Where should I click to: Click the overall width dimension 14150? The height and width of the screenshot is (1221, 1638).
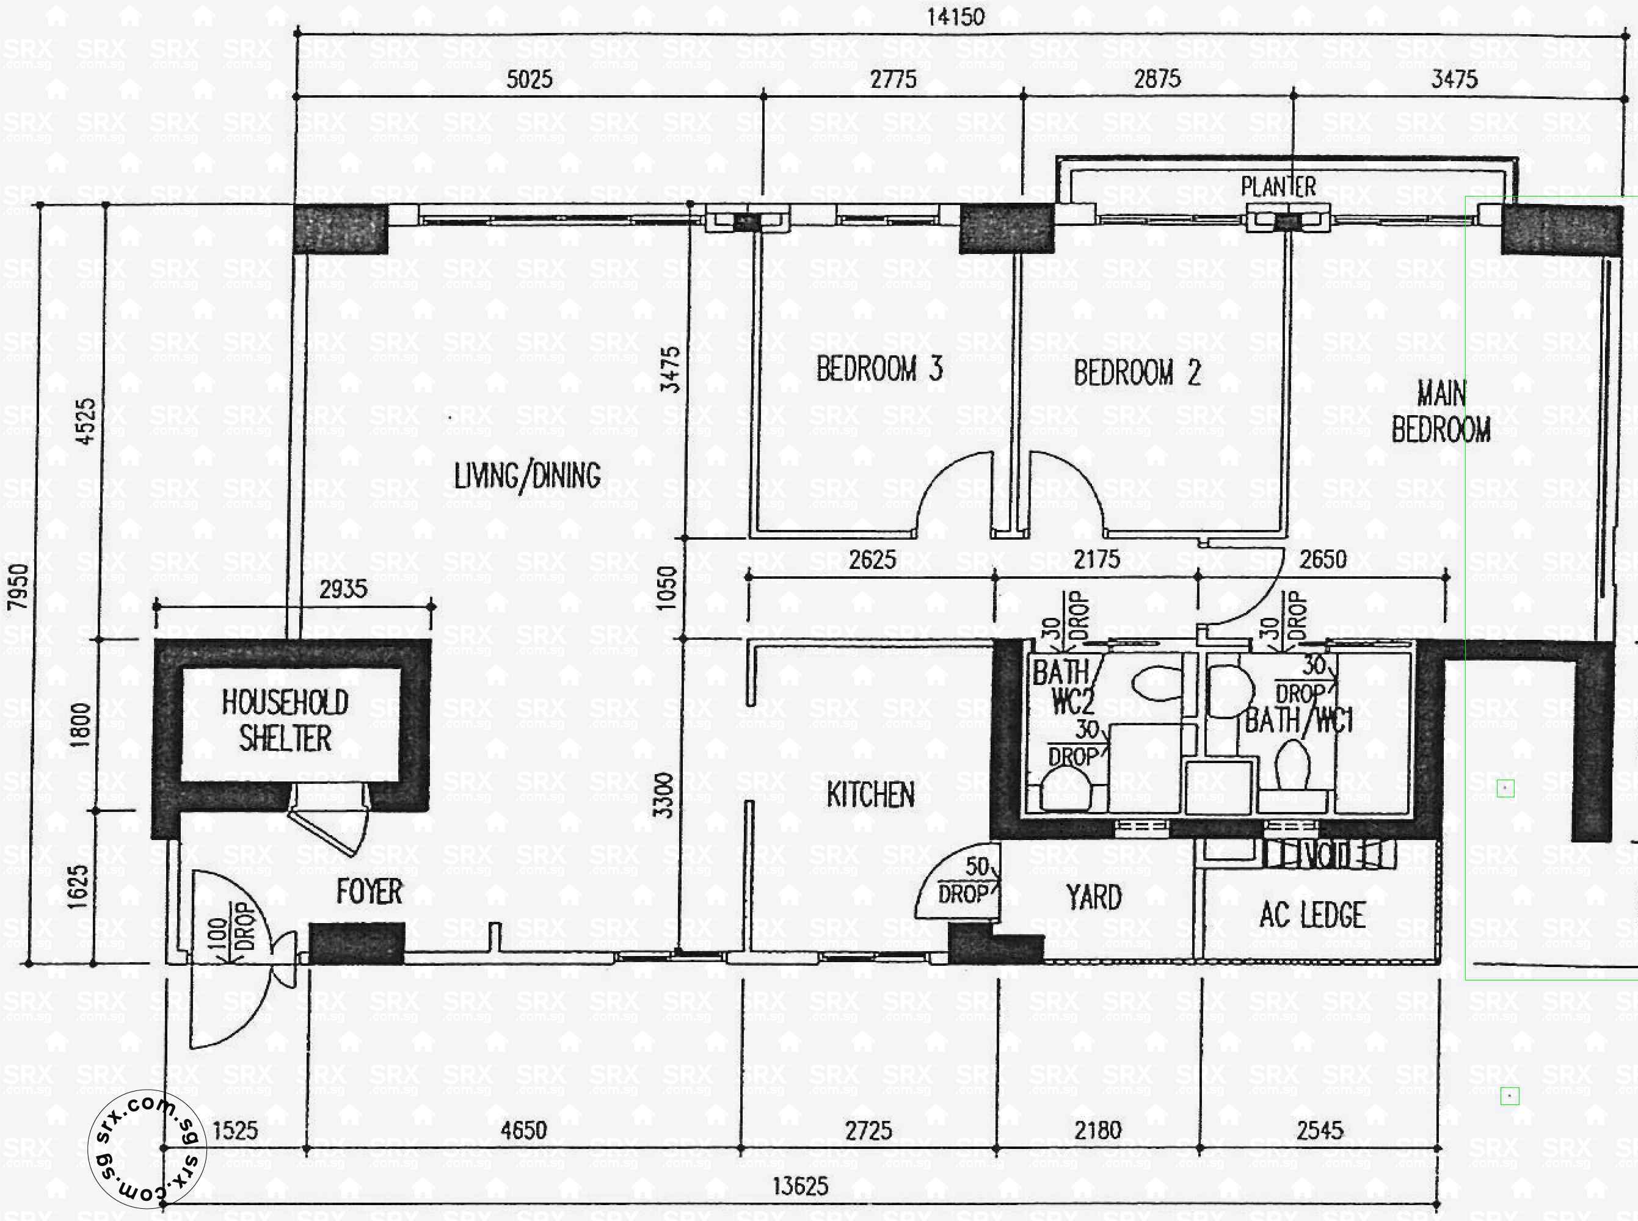[x=956, y=17]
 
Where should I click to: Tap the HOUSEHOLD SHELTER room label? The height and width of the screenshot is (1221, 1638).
[x=285, y=720]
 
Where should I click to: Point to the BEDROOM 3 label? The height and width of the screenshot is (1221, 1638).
[x=879, y=369]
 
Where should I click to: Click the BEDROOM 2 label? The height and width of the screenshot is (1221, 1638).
[x=1137, y=373]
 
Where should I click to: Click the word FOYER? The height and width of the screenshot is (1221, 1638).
[x=369, y=892]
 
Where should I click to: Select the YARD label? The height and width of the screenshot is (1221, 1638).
[x=1093, y=898]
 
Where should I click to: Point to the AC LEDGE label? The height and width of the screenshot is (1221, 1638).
[x=1312, y=915]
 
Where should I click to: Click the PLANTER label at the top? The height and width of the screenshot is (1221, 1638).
[x=1278, y=187]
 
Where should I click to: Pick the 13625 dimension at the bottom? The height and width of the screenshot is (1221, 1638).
[x=801, y=1187]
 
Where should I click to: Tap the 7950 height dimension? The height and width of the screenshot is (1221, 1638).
[x=18, y=586]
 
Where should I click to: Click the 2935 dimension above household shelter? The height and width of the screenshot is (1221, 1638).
[x=343, y=590]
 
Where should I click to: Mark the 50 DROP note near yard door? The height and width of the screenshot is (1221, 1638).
[x=967, y=880]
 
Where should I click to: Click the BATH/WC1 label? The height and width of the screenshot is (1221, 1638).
[x=1298, y=720]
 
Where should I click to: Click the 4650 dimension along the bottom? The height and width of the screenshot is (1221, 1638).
[x=523, y=1130]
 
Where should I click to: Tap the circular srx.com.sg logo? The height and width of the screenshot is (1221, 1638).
[x=147, y=1148]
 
